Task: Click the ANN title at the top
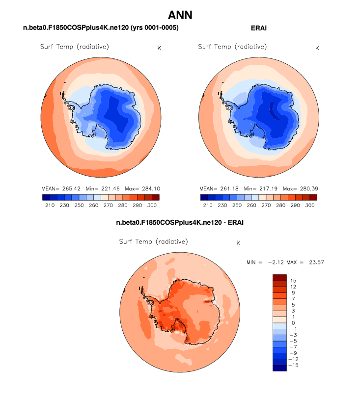click(180, 15)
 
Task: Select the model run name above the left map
click(101, 28)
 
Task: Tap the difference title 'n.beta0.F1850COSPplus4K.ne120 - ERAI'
click(180, 223)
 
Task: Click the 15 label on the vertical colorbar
click(293, 280)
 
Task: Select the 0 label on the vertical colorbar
click(293, 323)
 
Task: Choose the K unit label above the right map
click(317, 48)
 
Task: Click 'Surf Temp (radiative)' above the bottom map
click(153, 242)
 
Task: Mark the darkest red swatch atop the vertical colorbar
click(279, 277)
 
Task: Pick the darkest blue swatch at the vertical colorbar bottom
click(279, 368)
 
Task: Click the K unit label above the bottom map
click(238, 243)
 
